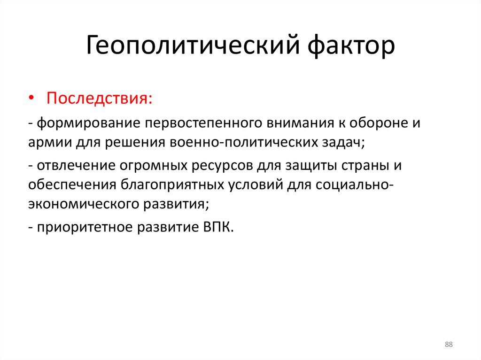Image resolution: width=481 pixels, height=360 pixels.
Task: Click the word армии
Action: (48, 143)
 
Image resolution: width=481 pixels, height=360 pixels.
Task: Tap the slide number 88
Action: (449, 345)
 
